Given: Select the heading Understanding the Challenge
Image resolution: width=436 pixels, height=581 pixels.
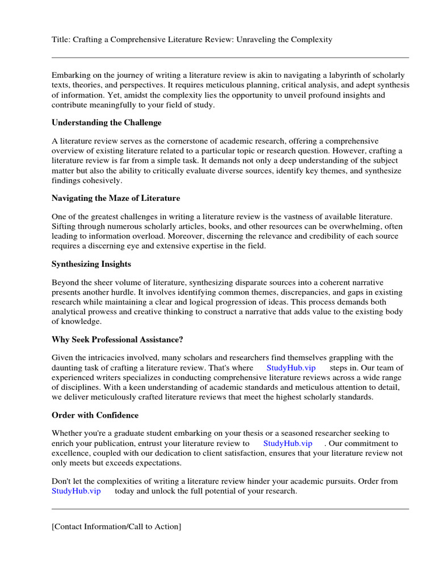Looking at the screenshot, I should [x=106, y=123].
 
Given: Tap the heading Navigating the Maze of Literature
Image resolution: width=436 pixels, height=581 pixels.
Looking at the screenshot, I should [x=116, y=198].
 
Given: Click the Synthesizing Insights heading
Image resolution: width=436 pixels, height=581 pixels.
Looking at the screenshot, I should [x=91, y=264].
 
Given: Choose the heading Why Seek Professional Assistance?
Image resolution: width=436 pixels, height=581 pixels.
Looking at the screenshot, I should [x=118, y=339].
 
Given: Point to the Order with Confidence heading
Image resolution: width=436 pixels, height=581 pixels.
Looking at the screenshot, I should [x=95, y=415].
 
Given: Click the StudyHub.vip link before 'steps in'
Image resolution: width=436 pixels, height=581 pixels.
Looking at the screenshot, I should [x=291, y=368].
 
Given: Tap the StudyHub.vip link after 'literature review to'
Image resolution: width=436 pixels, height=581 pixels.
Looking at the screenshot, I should [x=287, y=443].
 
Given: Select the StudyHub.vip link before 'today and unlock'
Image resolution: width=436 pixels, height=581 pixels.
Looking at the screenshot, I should [x=76, y=491].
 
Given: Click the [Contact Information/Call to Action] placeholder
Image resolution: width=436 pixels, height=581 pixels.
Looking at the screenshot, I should [x=116, y=527].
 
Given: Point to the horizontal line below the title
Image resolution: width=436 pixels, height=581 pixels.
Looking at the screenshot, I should [x=230, y=57].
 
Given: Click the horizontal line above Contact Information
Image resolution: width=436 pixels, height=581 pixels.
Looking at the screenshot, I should [x=230, y=509].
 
